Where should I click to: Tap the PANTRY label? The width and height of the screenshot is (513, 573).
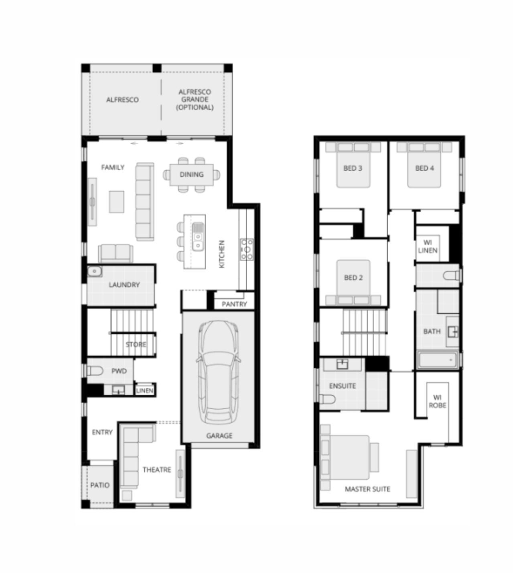[x=234, y=304]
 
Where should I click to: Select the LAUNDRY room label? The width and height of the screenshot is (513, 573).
[x=124, y=285]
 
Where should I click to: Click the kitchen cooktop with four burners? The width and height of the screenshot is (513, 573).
[x=246, y=248]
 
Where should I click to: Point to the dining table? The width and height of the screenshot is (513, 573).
[x=191, y=175]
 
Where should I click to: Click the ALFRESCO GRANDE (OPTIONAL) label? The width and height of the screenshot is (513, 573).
[x=195, y=99]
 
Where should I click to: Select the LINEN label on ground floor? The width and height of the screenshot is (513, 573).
[x=144, y=390]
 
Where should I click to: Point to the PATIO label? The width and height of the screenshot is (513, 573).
[x=99, y=485]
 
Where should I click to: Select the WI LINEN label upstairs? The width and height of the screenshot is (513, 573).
[x=428, y=246]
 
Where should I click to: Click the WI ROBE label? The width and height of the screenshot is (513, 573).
[x=437, y=401]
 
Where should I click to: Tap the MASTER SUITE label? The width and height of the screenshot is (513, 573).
[x=367, y=489]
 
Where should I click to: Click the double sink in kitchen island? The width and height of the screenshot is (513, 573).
[x=197, y=237]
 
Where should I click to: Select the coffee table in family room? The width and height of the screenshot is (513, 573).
[x=117, y=202]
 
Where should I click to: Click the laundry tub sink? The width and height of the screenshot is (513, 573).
[x=94, y=272]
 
